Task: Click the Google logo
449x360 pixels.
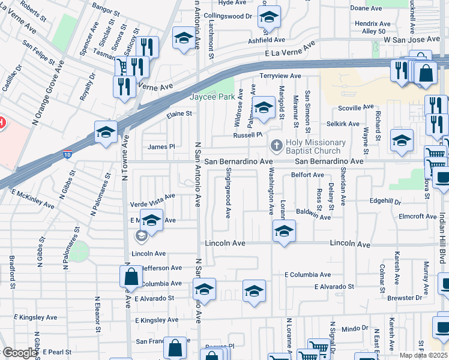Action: pos(19,353)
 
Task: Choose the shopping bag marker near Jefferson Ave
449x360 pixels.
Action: pos(131,277)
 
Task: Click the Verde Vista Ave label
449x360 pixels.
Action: pos(152,196)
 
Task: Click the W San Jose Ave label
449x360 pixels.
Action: pos(408,38)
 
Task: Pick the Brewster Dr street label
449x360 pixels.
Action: pos(405,298)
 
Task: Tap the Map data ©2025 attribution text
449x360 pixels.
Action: pos(424,355)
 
